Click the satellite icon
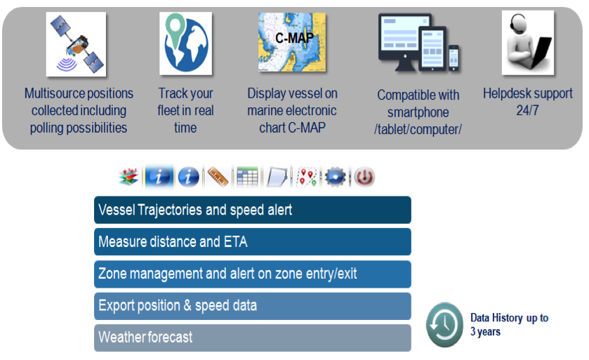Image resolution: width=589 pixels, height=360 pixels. pos(77,44)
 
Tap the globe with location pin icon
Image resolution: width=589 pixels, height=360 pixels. pos(185,44)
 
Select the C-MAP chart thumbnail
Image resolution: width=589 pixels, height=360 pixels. pos(292,42)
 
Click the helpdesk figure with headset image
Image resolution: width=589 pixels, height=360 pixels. pos(528,42)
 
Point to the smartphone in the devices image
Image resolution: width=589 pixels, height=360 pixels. pos(454,58)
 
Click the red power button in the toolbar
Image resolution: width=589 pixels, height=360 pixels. pos(364,177)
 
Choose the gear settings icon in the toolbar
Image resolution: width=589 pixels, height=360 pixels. pos(336,177)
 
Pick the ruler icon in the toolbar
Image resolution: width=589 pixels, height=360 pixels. pos(218,177)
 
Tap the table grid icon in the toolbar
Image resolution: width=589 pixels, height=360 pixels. pos(247,177)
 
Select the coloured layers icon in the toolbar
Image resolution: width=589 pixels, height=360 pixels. pos(129,177)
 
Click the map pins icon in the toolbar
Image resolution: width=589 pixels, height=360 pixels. pos(307,177)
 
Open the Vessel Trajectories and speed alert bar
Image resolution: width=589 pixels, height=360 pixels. pos(253,210)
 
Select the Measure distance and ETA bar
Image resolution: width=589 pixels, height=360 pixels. pos(253,241)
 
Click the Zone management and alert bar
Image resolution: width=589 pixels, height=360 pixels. pos(253,274)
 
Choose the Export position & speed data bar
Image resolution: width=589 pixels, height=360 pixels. pos(253,306)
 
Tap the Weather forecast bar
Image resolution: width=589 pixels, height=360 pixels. pos(253,338)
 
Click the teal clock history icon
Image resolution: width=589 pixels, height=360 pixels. pos(444,325)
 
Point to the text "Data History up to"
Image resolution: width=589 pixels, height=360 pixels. pos(510,318)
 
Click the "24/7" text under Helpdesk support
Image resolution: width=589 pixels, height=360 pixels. pos(527,110)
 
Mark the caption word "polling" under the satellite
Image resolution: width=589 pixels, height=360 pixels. pos(47,128)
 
